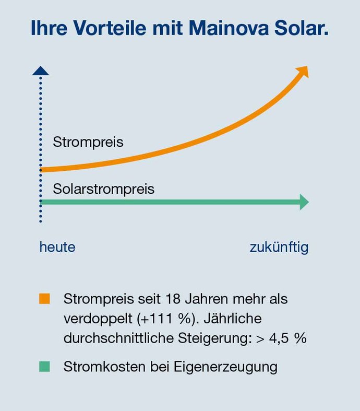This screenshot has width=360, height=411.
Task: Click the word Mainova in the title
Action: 229,28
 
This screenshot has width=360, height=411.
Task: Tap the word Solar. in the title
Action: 301,28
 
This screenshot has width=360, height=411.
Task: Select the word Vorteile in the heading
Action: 110,28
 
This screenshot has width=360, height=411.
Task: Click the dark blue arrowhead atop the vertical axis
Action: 41,71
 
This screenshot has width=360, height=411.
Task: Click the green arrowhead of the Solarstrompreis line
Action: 304,202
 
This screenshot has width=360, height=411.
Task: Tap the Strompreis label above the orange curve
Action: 88,143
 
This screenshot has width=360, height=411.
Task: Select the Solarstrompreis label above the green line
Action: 104,189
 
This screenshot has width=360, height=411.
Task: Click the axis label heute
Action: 57,247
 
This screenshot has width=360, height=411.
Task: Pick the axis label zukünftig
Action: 279,248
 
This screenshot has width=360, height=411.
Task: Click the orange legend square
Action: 44,299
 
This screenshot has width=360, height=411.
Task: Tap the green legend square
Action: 44,367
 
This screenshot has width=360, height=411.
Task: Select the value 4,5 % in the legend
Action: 287,338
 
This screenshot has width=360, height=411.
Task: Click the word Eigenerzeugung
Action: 225,367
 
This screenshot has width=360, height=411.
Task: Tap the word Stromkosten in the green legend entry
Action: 105,367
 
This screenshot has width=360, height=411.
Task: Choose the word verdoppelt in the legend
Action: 98,319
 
